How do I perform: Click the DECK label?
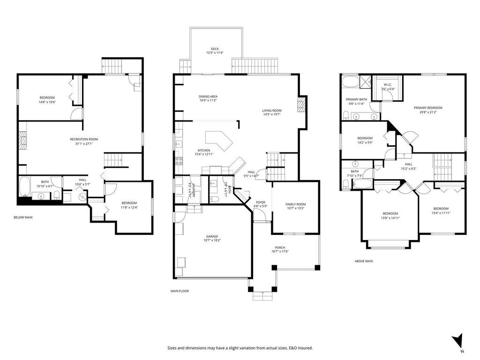215,49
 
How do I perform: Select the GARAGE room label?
212,236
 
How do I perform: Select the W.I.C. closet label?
388,85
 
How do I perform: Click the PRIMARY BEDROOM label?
427,108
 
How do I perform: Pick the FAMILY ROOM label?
295,204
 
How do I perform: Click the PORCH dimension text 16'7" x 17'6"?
280,252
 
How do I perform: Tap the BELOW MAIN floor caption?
23,217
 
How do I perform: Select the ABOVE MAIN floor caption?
363,261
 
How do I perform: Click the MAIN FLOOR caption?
180,291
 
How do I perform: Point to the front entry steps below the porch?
262,296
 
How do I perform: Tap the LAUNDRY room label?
194,189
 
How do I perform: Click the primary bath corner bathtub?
350,82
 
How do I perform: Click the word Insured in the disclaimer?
304,348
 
